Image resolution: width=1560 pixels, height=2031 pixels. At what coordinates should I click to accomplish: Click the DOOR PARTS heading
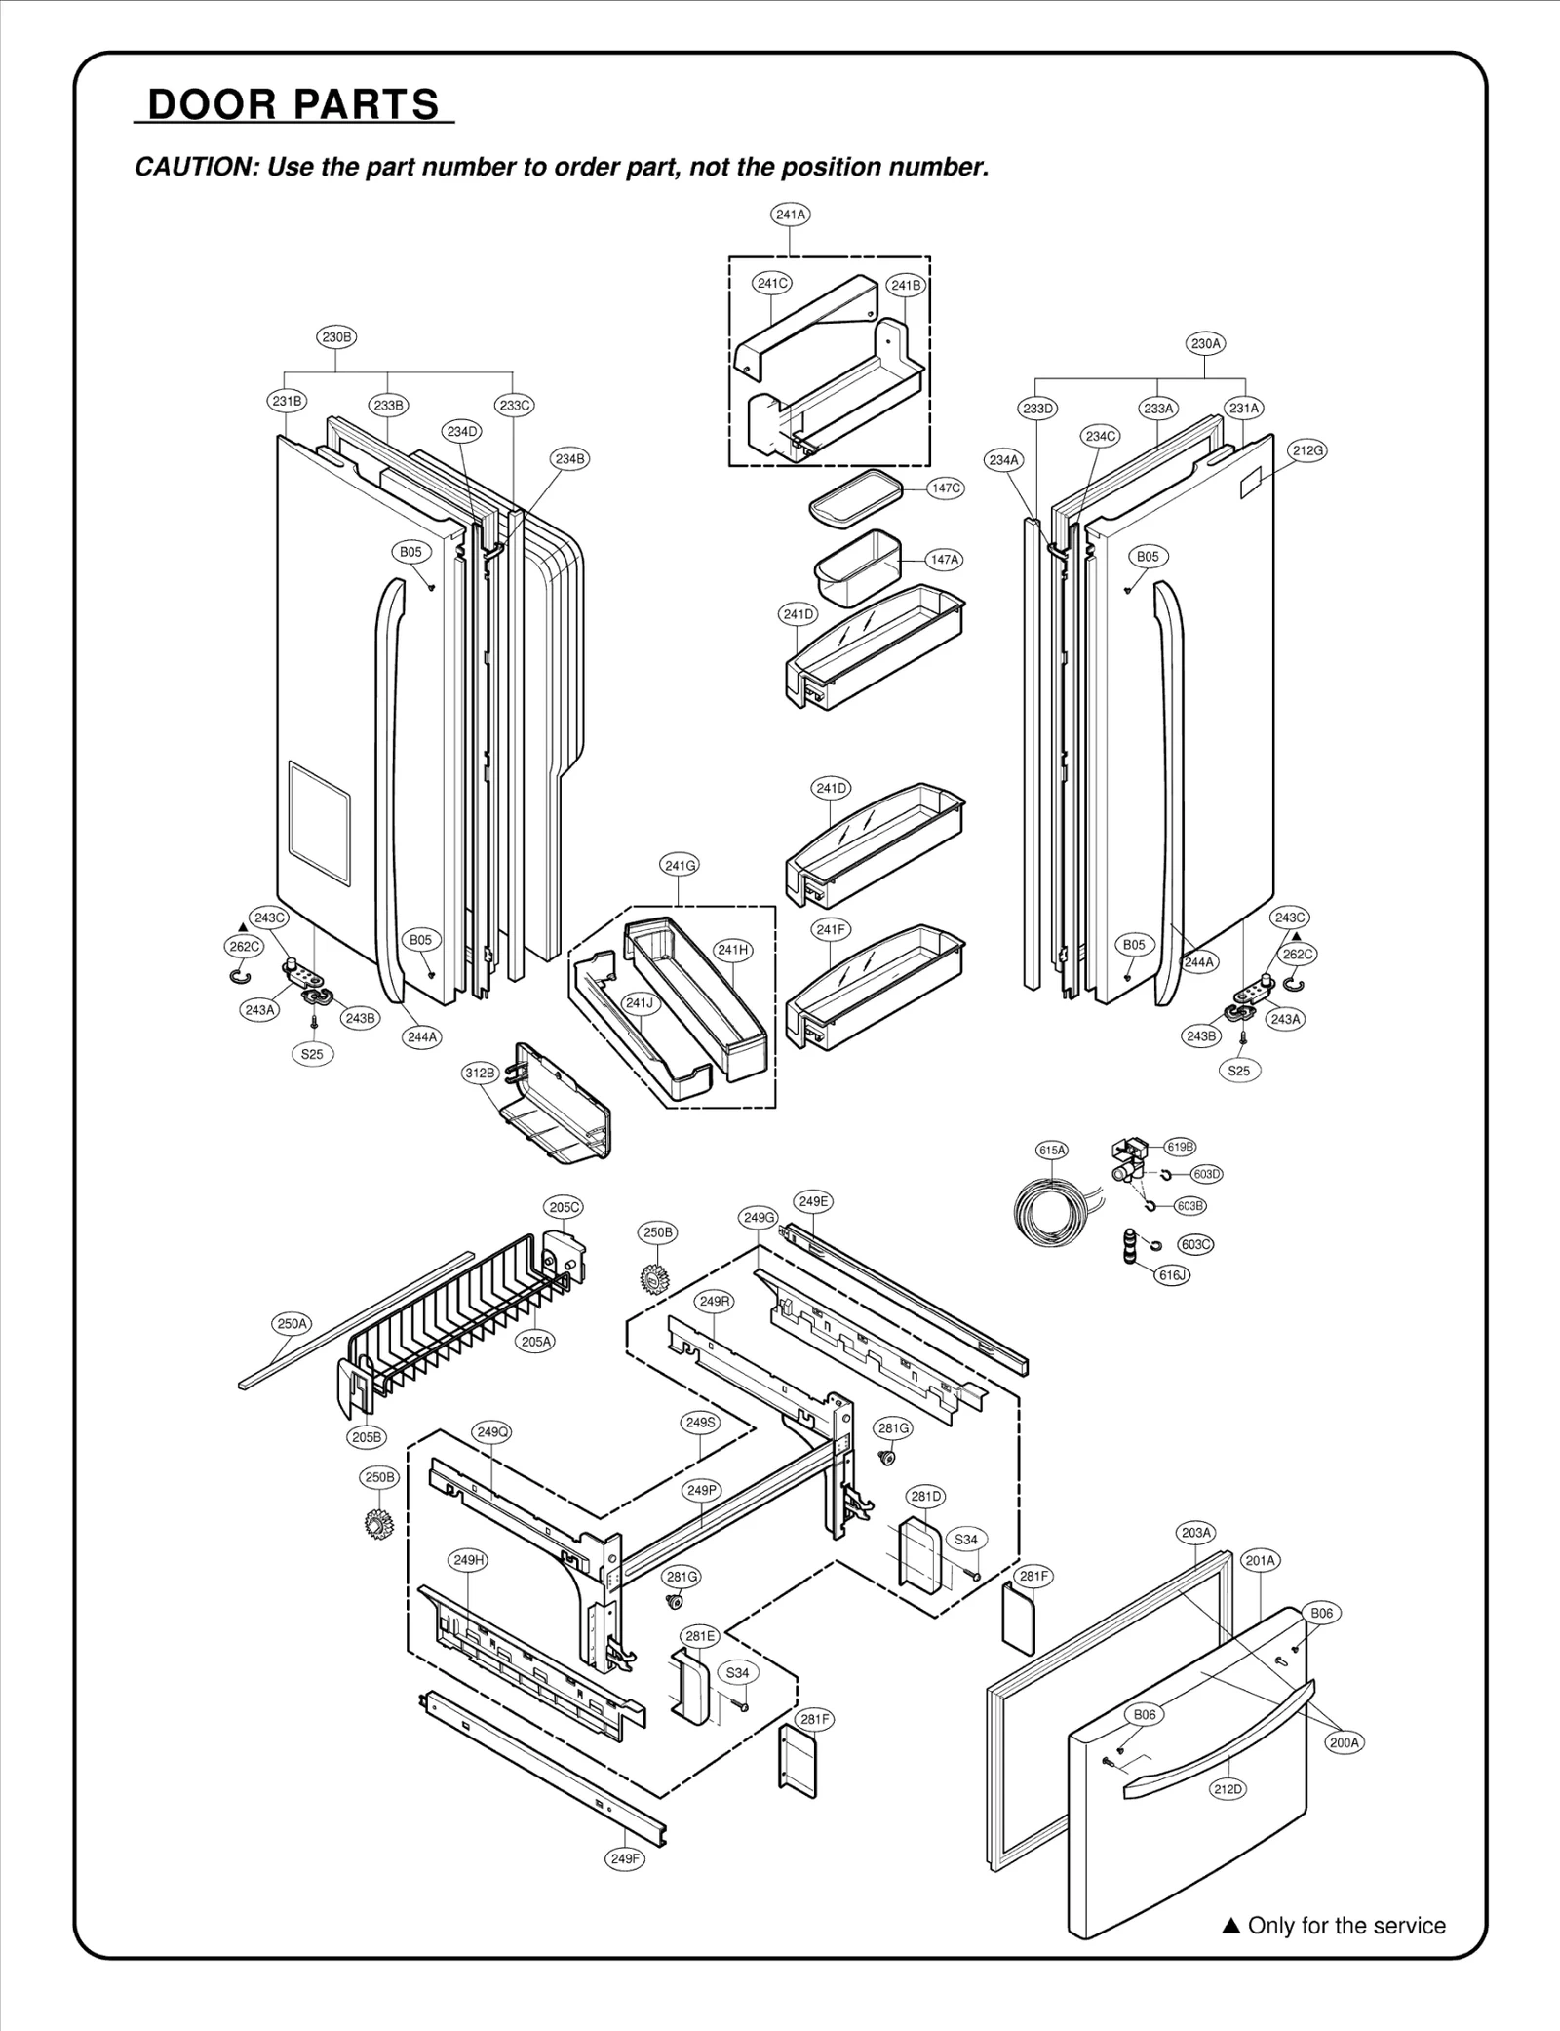[x=293, y=104]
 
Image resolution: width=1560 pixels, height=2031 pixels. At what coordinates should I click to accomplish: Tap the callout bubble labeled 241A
[x=791, y=215]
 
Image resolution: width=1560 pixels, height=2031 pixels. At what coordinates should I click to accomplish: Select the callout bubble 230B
[x=336, y=337]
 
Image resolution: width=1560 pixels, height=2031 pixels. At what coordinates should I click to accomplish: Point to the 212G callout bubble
[x=1308, y=450]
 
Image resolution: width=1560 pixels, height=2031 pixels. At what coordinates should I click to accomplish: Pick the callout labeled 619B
[x=1181, y=1148]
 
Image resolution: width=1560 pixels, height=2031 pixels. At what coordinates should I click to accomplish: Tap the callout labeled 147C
[x=946, y=488]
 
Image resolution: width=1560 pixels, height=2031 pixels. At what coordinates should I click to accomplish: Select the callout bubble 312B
[x=480, y=1074]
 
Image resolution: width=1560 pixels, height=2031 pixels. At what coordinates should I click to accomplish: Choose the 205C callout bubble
[x=565, y=1207]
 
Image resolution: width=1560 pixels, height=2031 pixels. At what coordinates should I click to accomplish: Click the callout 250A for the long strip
[x=292, y=1324]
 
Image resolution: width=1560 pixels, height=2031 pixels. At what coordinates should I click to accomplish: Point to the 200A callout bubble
[x=1345, y=1743]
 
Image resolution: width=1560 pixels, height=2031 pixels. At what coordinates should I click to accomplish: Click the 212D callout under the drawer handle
[x=1228, y=1789]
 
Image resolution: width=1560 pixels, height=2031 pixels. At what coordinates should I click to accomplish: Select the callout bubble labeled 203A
[x=1196, y=1533]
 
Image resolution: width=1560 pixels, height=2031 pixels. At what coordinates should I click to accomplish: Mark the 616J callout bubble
[x=1172, y=1274]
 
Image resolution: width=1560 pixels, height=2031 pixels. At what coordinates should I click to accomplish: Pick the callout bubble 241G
[x=680, y=865]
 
